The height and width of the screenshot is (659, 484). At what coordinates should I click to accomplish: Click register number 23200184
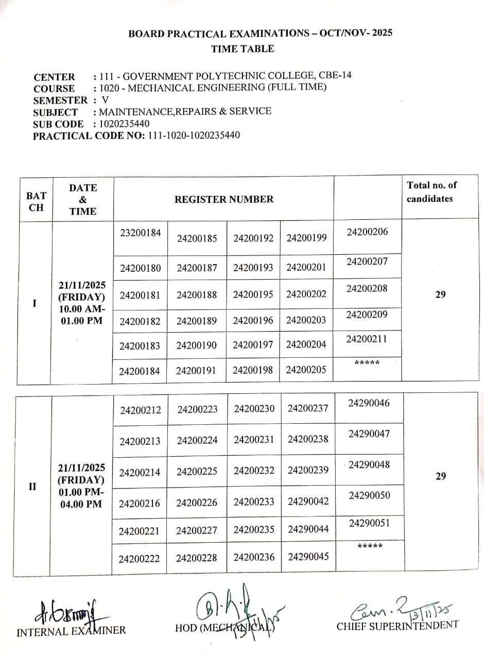pyautogui.click(x=141, y=233)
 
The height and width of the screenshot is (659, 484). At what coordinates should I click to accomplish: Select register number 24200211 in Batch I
pyautogui.click(x=367, y=339)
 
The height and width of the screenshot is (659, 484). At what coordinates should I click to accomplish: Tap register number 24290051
pyautogui.click(x=369, y=523)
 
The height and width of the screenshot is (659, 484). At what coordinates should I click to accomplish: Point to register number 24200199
pyautogui.click(x=306, y=238)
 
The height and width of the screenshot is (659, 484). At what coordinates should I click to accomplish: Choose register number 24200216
pyautogui.click(x=140, y=504)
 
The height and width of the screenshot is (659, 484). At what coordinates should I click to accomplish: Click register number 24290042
pyautogui.click(x=308, y=501)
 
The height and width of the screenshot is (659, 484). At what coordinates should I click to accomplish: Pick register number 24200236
pyautogui.click(x=254, y=557)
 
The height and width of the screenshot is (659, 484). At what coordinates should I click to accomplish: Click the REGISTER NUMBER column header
pyautogui.click(x=224, y=199)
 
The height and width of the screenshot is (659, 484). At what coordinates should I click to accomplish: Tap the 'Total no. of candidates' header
pyautogui.click(x=431, y=192)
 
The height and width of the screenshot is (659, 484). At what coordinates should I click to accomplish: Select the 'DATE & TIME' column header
pyautogui.click(x=83, y=199)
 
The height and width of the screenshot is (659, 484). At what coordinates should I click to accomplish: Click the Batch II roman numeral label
pyautogui.click(x=32, y=487)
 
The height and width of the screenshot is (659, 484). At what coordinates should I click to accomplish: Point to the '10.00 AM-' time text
pyautogui.click(x=82, y=309)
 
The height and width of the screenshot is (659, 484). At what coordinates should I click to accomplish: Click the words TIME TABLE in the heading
pyautogui.click(x=243, y=49)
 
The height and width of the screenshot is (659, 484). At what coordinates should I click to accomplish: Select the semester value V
pyautogui.click(x=106, y=100)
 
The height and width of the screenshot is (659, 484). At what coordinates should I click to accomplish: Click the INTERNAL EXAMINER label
pyautogui.click(x=71, y=631)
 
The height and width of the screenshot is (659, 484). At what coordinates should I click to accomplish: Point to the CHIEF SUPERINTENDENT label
pyautogui.click(x=397, y=626)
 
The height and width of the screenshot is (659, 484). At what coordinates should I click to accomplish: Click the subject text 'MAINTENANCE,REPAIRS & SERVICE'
pyautogui.click(x=185, y=111)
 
